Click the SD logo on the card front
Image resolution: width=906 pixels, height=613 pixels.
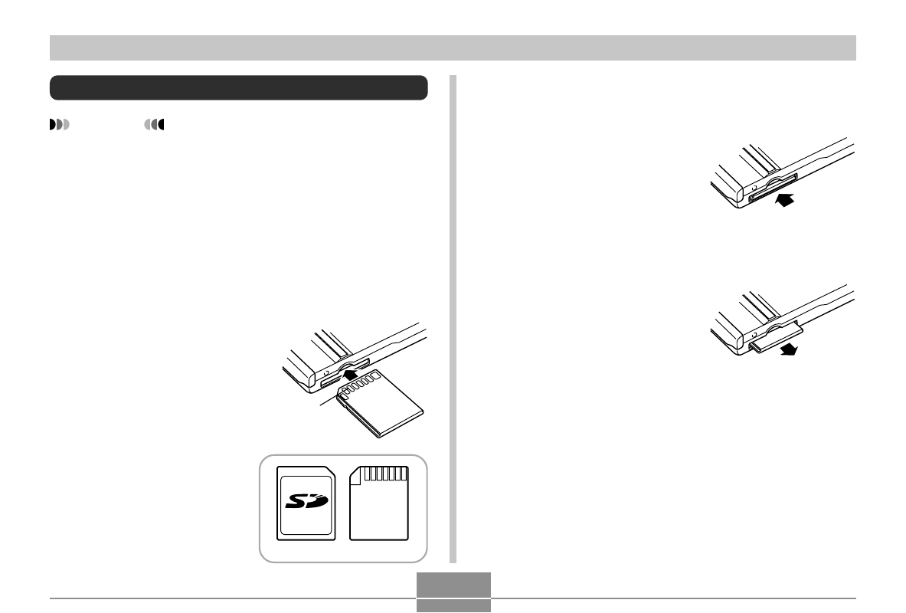point(307,501)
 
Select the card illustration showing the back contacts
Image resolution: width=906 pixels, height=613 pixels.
point(379,503)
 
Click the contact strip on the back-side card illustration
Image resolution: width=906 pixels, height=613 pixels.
point(386,474)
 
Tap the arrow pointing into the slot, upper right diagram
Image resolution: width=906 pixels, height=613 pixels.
point(785,200)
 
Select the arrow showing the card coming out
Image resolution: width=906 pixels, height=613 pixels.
point(789,349)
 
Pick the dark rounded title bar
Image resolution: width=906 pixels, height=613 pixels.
point(239,87)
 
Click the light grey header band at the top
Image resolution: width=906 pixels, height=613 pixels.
point(453,48)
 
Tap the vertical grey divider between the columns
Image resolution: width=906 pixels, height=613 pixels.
point(453,319)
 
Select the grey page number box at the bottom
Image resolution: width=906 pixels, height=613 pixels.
point(453,592)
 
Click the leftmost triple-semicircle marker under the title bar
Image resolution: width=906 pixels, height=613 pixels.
point(60,124)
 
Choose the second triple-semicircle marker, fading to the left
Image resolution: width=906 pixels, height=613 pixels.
point(154,124)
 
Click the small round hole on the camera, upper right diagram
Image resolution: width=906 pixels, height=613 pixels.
point(754,188)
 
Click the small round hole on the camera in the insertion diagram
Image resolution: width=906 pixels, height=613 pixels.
point(326,373)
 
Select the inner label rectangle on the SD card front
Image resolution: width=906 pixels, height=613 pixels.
point(306,505)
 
